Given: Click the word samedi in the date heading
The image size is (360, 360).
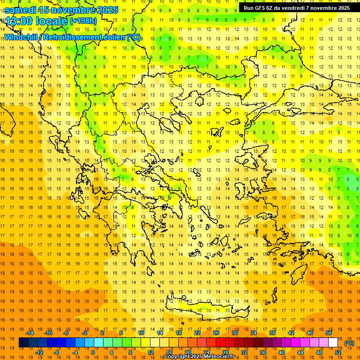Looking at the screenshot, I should (x=21, y=10).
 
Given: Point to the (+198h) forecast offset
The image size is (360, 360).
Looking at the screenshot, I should (x=83, y=21).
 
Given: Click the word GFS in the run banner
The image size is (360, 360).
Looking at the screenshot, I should (x=262, y=8).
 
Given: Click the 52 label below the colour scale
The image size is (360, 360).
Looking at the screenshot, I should (x=338, y=352).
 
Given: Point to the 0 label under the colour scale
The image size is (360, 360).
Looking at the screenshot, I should (x=93, y=352).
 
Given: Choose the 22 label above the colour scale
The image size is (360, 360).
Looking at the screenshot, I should (x=197, y=333).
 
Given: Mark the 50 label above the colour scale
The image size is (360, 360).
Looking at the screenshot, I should (x=329, y=333).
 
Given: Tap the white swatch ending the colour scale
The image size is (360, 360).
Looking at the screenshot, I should (x=333, y=343).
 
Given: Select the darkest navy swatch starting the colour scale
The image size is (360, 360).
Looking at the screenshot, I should (x=23, y=343).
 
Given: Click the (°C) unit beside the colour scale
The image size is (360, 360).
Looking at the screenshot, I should (x=349, y=343).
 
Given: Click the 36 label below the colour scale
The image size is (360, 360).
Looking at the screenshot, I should (x=263, y=352).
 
